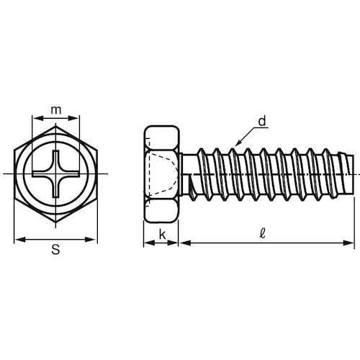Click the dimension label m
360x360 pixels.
(56, 110)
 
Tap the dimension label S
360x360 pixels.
(55, 249)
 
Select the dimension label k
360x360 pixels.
(162, 235)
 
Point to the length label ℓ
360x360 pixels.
(263, 233)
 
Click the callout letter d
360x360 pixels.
(262, 121)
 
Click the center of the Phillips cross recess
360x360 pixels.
(55, 174)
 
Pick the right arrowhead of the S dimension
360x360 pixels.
(91, 239)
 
